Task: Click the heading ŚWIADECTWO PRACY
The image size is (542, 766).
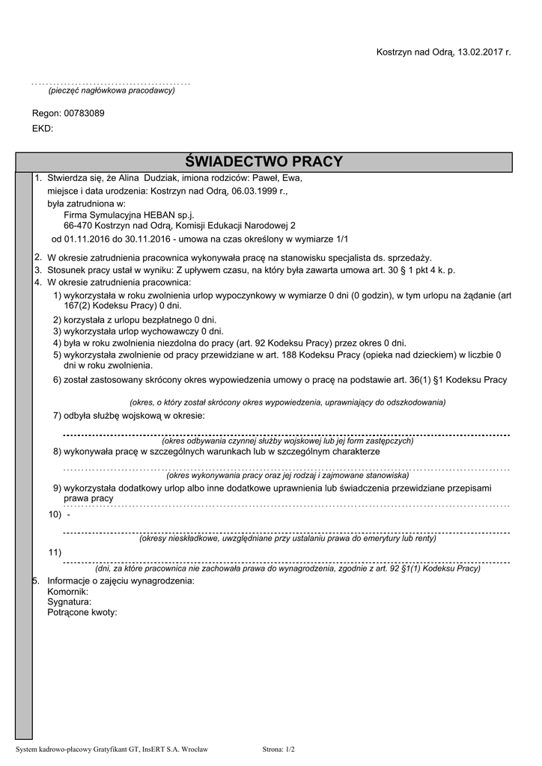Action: click(264, 162)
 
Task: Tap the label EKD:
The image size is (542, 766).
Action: click(43, 129)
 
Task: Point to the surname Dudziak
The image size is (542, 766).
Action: click(156, 179)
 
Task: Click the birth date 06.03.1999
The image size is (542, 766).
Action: click(238, 191)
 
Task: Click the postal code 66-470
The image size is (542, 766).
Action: click(78, 225)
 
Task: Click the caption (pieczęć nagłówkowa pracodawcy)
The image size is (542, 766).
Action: click(111, 91)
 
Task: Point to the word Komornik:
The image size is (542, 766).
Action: click(67, 592)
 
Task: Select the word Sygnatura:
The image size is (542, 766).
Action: click(69, 601)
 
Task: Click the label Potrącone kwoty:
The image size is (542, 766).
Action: click(82, 612)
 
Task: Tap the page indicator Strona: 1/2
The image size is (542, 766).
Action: click(279, 749)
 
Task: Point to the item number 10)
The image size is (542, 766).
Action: click(55, 515)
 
